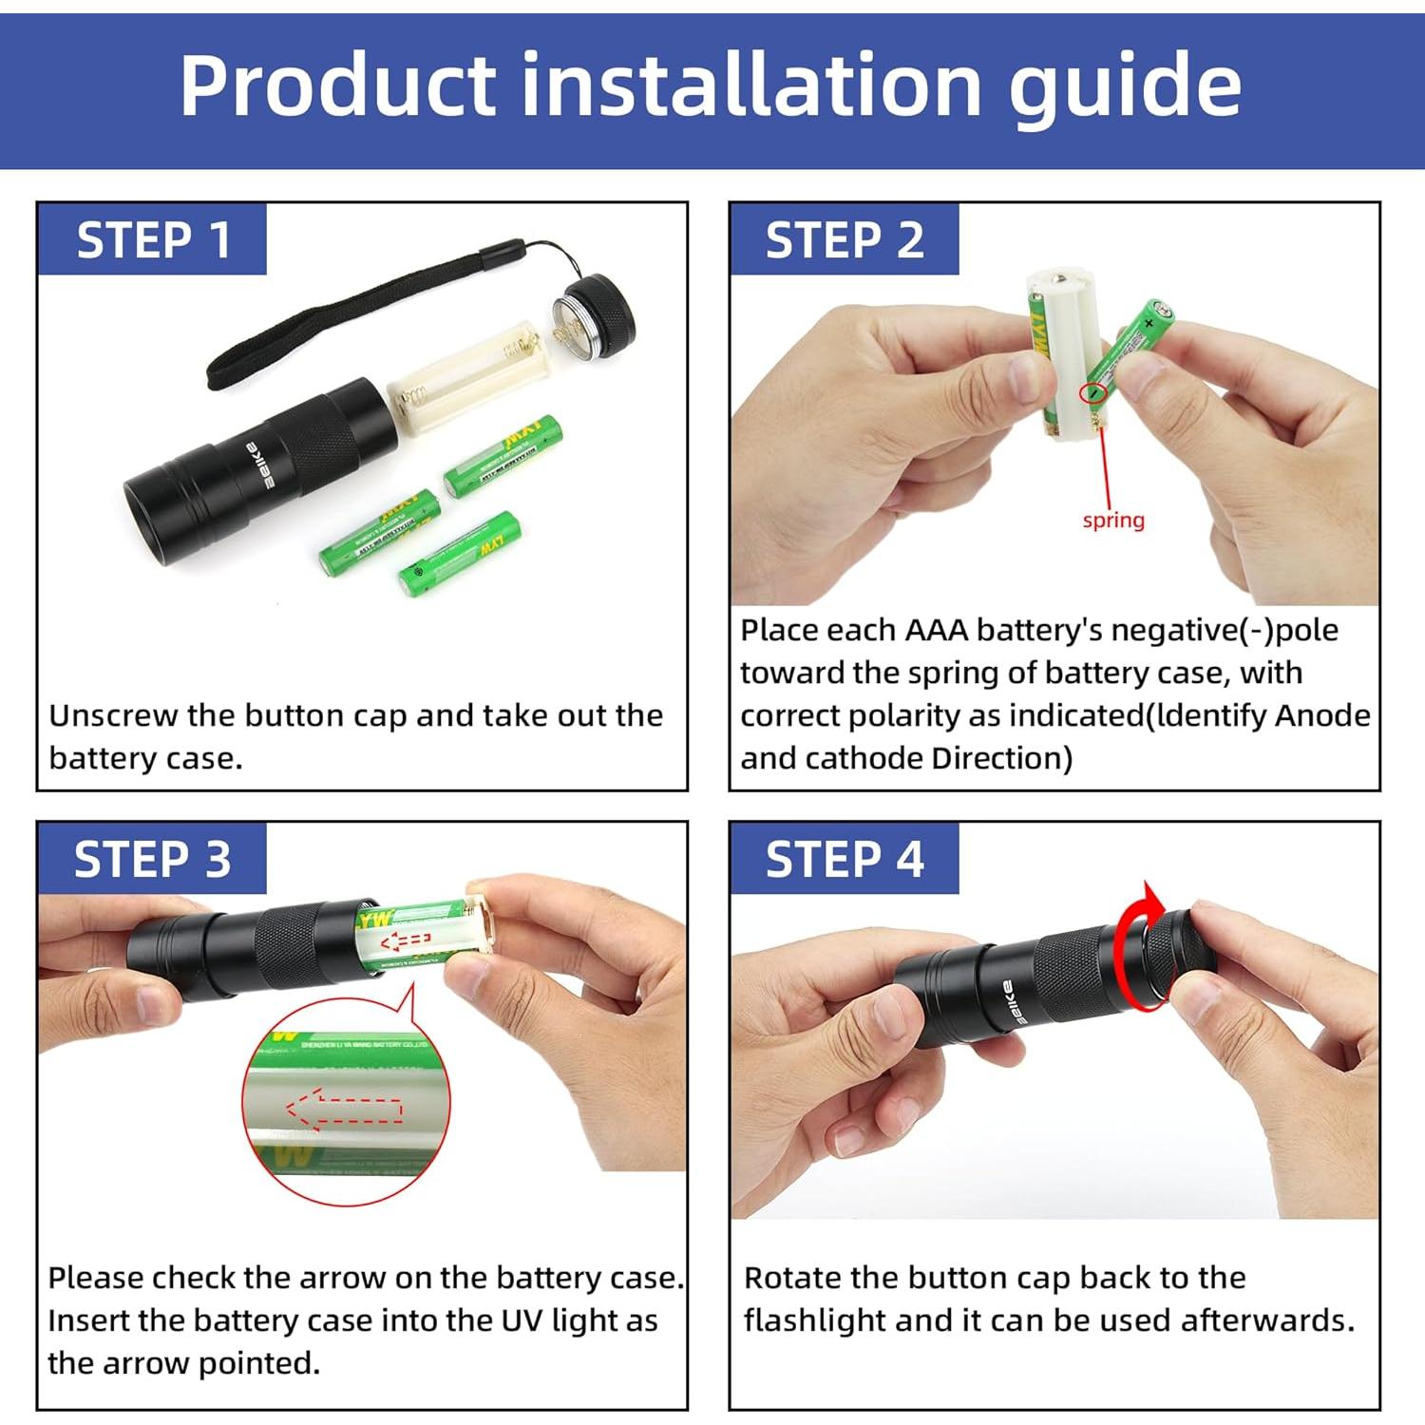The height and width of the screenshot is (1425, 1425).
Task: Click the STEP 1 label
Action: [153, 239]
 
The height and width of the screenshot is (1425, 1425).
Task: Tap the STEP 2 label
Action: [844, 239]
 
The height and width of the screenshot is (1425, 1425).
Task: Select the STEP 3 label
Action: [152, 860]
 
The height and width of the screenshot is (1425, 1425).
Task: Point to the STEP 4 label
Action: [844, 860]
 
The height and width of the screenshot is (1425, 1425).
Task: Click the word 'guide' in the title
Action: [1124, 87]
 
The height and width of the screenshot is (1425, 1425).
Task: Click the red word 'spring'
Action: [1113, 521]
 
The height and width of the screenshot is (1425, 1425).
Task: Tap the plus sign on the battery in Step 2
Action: [1149, 323]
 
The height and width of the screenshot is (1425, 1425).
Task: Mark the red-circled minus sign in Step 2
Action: [1094, 391]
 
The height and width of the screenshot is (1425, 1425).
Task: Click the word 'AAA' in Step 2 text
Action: [936, 630]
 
